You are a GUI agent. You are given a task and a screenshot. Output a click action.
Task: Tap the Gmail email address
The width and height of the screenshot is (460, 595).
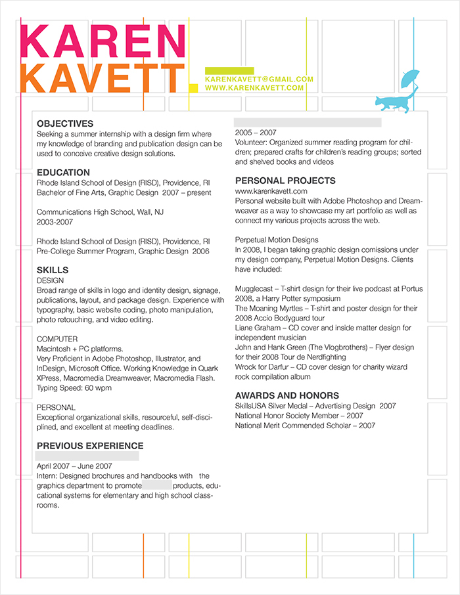click(x=259, y=79)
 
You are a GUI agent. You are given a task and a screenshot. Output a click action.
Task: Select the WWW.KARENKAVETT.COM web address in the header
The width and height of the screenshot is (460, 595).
click(x=254, y=87)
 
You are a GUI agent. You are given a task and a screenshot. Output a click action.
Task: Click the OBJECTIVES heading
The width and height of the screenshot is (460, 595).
click(x=65, y=123)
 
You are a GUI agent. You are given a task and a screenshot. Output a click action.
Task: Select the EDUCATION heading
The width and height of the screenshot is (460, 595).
click(x=63, y=173)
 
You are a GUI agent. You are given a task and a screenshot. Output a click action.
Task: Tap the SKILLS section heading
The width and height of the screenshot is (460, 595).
click(x=53, y=270)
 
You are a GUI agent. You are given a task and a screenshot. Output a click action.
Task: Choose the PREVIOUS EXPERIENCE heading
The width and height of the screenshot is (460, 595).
click(x=90, y=446)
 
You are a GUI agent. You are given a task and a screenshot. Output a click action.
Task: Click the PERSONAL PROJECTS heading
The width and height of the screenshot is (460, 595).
click(x=285, y=181)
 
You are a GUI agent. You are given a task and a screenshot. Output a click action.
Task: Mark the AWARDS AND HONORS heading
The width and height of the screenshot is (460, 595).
click(x=287, y=395)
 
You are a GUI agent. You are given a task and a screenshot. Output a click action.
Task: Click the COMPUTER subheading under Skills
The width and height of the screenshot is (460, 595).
click(x=57, y=339)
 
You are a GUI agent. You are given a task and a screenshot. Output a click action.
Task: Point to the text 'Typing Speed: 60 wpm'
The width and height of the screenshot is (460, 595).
click(x=74, y=387)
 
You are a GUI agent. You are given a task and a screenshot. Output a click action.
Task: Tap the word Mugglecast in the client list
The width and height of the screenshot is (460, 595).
click(x=254, y=289)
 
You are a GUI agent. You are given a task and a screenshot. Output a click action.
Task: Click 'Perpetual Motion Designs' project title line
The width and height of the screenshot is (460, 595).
click(x=276, y=240)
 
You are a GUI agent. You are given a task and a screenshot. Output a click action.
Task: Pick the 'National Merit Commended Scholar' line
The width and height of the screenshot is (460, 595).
click(x=305, y=426)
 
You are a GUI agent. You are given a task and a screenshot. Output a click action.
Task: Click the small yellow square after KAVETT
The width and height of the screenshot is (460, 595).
click(x=193, y=87)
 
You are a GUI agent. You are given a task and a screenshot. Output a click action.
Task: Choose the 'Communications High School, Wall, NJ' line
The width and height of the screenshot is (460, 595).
click(x=100, y=213)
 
